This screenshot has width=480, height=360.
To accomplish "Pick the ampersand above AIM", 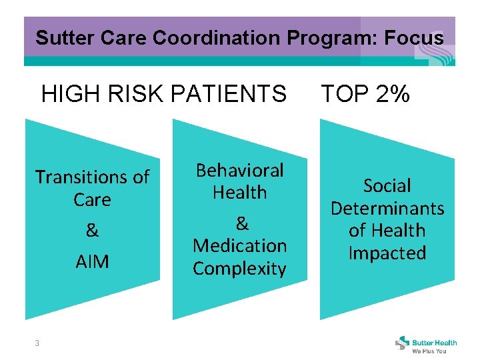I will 92,231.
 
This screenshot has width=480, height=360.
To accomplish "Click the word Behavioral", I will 239,171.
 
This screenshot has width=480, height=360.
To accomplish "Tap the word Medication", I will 239,246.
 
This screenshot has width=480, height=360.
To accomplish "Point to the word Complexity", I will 239,269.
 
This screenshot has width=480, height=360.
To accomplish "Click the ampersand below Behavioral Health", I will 241,223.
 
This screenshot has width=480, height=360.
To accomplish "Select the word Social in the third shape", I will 387,186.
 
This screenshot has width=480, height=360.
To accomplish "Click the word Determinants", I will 387,209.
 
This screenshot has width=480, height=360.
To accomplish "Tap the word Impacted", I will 387,253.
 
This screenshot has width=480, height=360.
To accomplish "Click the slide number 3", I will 37,343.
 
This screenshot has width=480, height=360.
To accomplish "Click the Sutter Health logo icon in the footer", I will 403,343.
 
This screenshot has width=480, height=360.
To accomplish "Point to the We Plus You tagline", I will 429,351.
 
